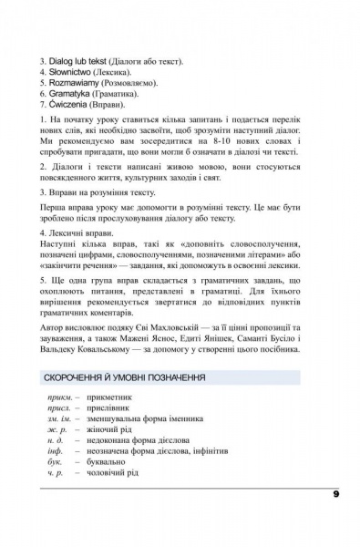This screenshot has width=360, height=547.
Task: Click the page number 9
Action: (x=336, y=496)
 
